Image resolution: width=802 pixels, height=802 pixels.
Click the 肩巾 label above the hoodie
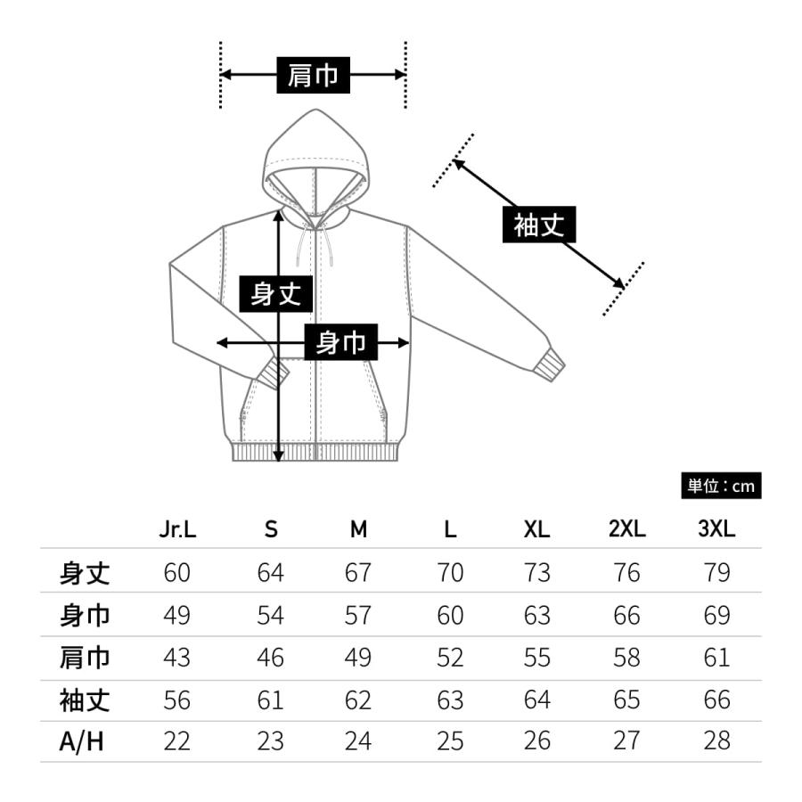[313, 76]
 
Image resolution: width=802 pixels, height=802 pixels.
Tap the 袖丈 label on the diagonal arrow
[539, 225]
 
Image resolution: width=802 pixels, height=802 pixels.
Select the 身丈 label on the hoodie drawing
[276, 293]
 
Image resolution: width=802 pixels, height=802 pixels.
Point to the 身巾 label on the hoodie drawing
[341, 342]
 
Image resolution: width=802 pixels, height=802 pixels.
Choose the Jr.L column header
[177, 529]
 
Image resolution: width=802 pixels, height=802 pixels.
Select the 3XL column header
[716, 529]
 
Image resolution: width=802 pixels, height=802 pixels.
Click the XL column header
[536, 529]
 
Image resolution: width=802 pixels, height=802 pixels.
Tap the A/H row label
[82, 741]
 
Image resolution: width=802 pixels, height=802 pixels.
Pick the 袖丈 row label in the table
[85, 700]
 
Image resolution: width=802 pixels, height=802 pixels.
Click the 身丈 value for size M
[357, 572]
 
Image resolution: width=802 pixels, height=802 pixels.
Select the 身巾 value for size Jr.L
[177, 615]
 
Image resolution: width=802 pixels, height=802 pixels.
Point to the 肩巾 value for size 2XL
[626, 658]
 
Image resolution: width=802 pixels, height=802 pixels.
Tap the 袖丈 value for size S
[270, 700]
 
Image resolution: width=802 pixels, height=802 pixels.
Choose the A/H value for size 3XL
[716, 741]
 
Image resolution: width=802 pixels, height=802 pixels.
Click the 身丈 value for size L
[451, 572]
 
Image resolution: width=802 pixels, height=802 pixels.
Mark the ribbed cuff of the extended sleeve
[552, 364]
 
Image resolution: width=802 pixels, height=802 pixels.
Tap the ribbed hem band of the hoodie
[314, 451]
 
